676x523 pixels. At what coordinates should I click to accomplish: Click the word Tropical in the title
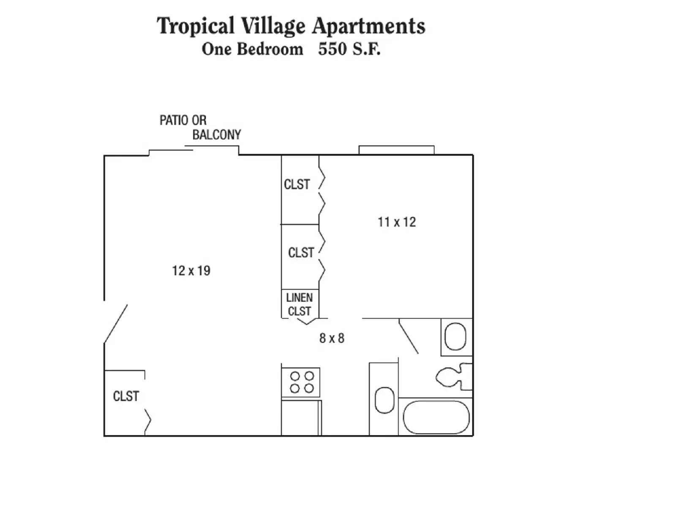click(x=195, y=26)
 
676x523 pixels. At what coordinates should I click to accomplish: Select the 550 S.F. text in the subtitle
click(x=349, y=49)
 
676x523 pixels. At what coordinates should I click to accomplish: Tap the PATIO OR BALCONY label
click(x=200, y=127)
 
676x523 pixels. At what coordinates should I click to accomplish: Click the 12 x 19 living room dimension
click(x=191, y=271)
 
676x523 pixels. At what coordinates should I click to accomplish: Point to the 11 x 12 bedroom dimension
click(x=396, y=222)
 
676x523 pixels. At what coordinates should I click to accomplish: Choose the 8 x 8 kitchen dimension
click(x=332, y=338)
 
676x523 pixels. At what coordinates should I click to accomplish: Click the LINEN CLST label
click(x=300, y=304)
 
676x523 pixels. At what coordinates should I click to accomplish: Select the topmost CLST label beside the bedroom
click(x=297, y=184)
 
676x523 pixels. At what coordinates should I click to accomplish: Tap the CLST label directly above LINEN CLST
click(x=301, y=252)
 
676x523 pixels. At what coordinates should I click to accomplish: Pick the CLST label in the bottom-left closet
click(x=126, y=396)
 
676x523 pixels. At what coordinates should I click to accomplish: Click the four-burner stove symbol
click(x=301, y=382)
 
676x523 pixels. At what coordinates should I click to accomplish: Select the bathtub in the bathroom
click(x=436, y=417)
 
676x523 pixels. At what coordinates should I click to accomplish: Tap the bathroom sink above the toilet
click(x=455, y=337)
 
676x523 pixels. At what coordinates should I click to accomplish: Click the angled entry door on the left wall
click(x=116, y=323)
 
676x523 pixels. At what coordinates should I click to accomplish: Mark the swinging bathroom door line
click(x=409, y=337)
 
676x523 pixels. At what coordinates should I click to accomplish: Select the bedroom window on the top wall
click(x=396, y=150)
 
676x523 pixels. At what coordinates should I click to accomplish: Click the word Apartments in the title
click(x=368, y=26)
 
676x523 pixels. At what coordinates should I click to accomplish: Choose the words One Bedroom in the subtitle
click(x=252, y=49)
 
